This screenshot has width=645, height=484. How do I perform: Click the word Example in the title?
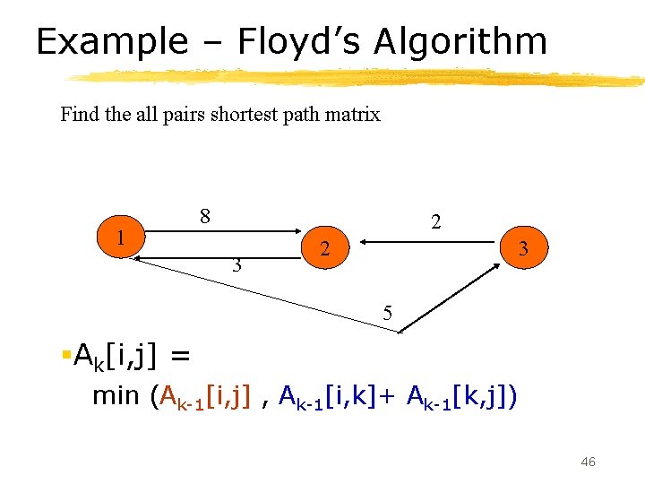(112, 42)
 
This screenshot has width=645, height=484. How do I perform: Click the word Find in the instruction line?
(78, 115)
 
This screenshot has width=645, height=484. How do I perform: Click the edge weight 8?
(205, 216)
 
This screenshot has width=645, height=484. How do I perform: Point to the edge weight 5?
(387, 313)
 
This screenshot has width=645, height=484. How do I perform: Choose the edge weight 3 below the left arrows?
(236, 265)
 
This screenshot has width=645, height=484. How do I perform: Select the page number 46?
(588, 462)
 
